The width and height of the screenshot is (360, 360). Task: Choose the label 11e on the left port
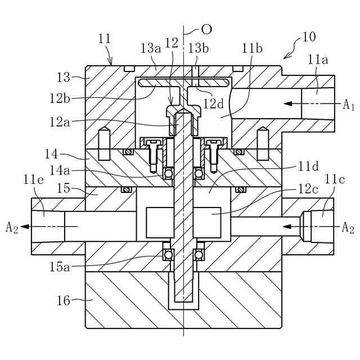tap(34, 180)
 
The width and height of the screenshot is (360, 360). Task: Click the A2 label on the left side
tap(12, 227)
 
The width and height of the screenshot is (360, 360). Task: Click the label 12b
tap(60, 99)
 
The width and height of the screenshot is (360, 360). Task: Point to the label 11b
tap(253, 49)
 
